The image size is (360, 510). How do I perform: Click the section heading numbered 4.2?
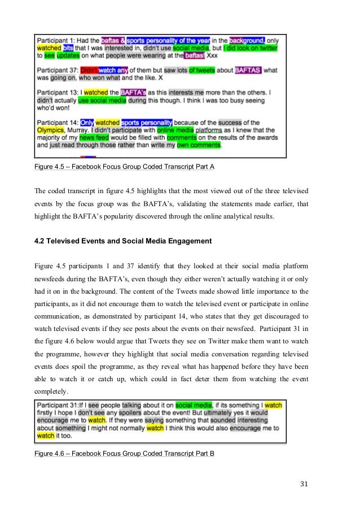[x=123, y=241]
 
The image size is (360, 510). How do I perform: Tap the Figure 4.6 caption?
[x=124, y=454]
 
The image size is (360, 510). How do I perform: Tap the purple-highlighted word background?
[x=247, y=41]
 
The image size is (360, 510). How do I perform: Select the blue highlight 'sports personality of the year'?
[x=168, y=41]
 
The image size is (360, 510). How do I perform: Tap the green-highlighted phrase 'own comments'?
[x=198, y=145]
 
